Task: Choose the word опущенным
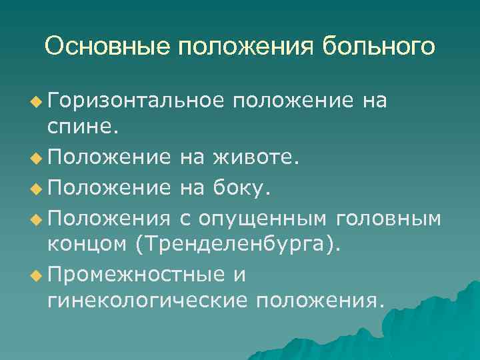tap(270, 217)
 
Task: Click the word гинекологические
tap(145, 301)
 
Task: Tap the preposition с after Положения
tap(186, 217)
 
